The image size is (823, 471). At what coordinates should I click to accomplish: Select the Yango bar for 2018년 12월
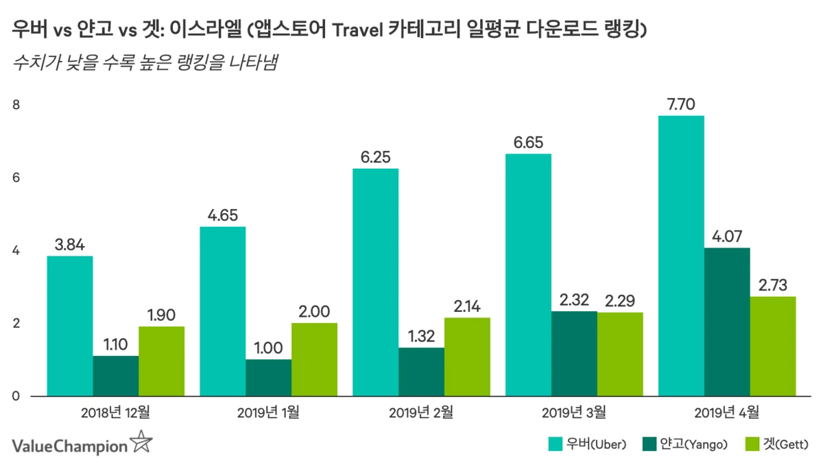click(115, 376)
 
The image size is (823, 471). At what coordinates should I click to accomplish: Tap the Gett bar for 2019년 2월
click(467, 357)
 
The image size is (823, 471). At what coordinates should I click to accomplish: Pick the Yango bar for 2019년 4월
click(726, 322)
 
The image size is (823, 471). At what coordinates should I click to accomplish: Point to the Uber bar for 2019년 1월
click(222, 311)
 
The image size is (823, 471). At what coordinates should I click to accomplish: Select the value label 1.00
click(268, 348)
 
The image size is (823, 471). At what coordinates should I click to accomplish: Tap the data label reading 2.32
click(573, 300)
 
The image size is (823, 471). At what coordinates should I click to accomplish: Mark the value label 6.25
click(375, 157)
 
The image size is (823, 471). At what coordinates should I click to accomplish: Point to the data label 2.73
click(772, 285)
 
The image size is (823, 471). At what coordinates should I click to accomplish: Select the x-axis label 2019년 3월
click(573, 413)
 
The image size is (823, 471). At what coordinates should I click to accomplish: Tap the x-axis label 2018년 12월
click(115, 413)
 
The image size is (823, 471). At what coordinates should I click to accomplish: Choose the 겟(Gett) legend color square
click(752, 444)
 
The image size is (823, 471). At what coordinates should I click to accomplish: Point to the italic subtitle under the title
click(148, 64)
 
